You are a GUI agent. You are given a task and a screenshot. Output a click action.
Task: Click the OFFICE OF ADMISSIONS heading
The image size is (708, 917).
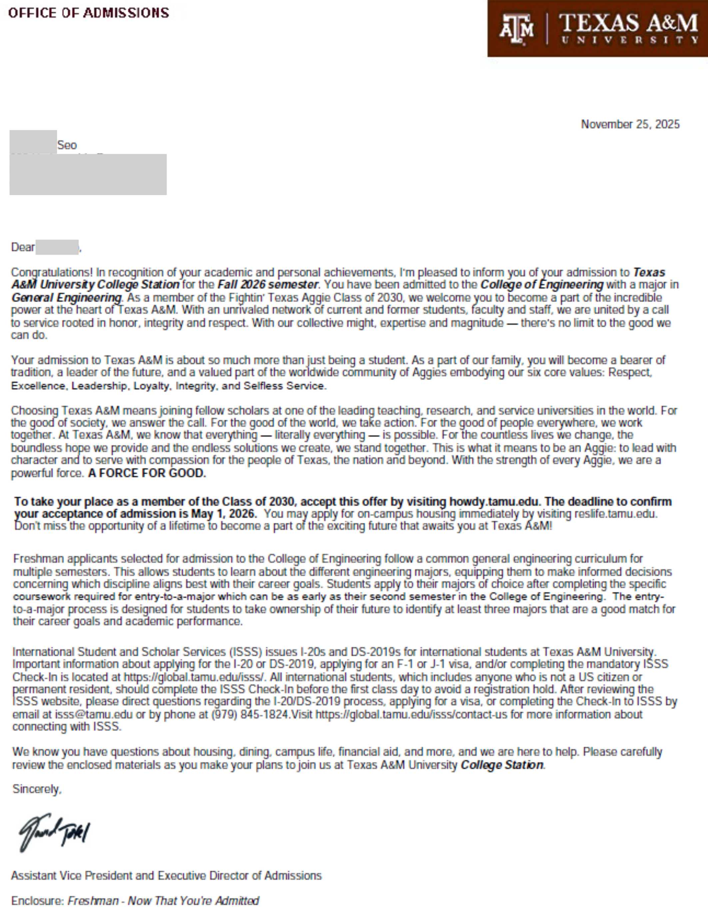pos(89,13)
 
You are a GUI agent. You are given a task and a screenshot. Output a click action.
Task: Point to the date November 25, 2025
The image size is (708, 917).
pos(630,124)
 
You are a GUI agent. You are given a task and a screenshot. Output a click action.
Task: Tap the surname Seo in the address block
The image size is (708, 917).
pos(67,145)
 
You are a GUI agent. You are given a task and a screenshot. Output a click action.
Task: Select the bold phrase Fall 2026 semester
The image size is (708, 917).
pos(268,285)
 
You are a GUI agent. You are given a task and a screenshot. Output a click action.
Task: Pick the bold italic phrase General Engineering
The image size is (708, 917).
pos(66,298)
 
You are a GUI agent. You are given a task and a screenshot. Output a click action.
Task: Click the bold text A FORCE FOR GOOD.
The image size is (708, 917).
pos(147,473)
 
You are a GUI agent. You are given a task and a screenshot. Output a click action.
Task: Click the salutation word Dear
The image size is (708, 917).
pos(23,247)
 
